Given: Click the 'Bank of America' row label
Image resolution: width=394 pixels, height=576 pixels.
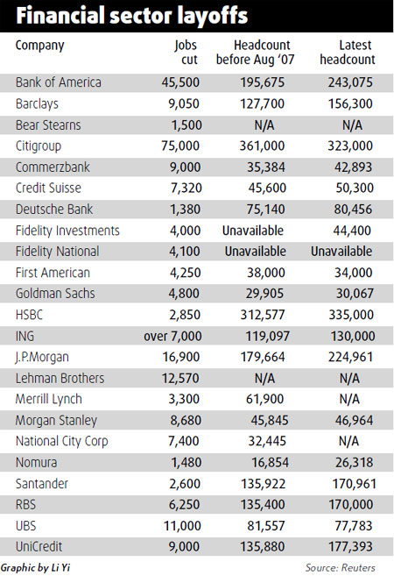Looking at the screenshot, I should pyautogui.click(x=59, y=82).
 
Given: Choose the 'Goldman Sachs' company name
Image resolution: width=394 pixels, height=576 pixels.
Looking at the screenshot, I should pyautogui.click(x=57, y=293).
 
